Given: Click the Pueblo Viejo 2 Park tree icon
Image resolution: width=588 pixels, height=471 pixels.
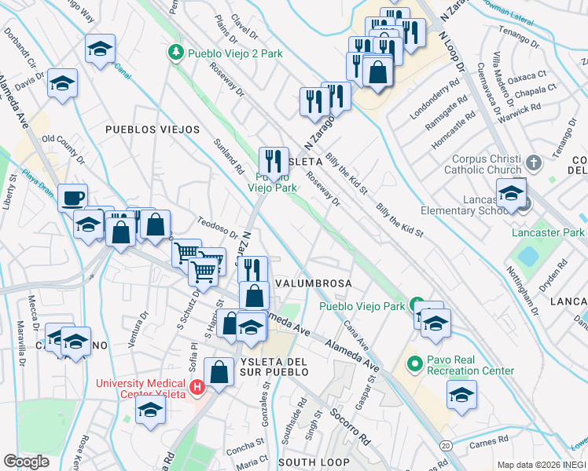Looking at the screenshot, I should coord(177,53).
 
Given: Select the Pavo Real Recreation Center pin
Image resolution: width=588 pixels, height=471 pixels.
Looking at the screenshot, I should coord(414,364).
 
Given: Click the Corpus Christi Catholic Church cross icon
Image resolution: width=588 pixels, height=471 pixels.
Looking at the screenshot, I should coord(534,162).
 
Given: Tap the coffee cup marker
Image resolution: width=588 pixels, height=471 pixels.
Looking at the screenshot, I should coord(72,197).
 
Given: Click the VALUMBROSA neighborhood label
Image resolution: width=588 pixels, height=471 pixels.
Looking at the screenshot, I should coord(312,283).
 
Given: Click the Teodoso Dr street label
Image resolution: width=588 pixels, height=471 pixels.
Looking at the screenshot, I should coord(218,228).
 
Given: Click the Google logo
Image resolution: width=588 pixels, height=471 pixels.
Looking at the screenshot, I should coord(27,462).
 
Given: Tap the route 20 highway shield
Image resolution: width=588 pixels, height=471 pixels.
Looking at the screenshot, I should coord(446,446).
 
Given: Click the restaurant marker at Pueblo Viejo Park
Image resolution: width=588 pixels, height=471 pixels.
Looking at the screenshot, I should coord(273,162).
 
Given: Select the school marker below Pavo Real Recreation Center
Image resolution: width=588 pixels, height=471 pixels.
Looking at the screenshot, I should coord(461,395).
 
